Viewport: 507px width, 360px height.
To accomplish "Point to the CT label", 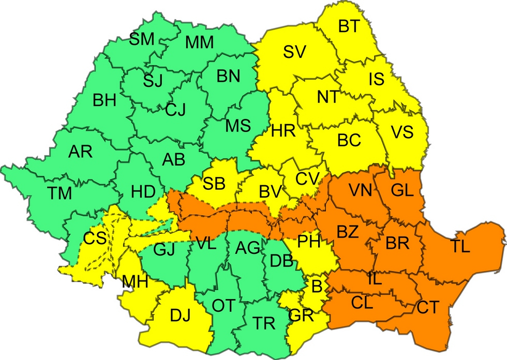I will point(428,308).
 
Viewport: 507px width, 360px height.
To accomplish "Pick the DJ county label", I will point(180,314).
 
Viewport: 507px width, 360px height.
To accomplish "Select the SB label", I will point(214,183).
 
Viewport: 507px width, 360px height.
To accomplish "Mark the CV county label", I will point(307,179).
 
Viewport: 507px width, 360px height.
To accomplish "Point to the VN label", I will point(360,190).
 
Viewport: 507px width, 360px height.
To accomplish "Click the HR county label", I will point(283,131).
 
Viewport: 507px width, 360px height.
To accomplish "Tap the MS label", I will point(238,125).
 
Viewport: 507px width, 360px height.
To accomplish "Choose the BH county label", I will point(105,100).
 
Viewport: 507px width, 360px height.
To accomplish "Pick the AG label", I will point(247,248).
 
